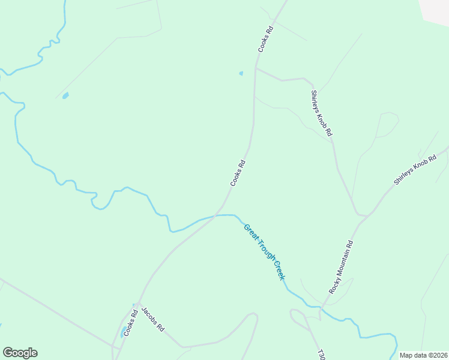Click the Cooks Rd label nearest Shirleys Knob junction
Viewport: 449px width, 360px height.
tap(265, 38)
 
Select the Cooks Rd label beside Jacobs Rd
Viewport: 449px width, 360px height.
tap(131, 323)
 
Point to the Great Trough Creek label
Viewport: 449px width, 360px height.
tap(264, 251)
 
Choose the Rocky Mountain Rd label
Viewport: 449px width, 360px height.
tap(342, 267)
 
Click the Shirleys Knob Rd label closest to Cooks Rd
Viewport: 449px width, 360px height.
tap(321, 113)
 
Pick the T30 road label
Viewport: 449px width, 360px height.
tap(321, 354)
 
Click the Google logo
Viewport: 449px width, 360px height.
tap(20, 353)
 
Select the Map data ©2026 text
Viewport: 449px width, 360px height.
tap(424, 355)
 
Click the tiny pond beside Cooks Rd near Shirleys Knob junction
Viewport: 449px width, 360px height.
tap(241, 73)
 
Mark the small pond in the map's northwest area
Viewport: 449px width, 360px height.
tap(65, 95)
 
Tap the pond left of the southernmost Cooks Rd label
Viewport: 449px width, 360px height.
tap(124, 332)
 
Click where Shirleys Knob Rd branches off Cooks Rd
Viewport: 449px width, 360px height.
tap(256, 69)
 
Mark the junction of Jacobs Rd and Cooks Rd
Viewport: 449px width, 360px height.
tap(139, 304)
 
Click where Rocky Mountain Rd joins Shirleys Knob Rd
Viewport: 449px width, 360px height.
tap(362, 215)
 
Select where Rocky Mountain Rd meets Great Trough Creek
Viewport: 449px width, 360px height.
tap(322, 309)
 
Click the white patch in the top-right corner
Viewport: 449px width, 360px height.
tap(435, 11)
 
